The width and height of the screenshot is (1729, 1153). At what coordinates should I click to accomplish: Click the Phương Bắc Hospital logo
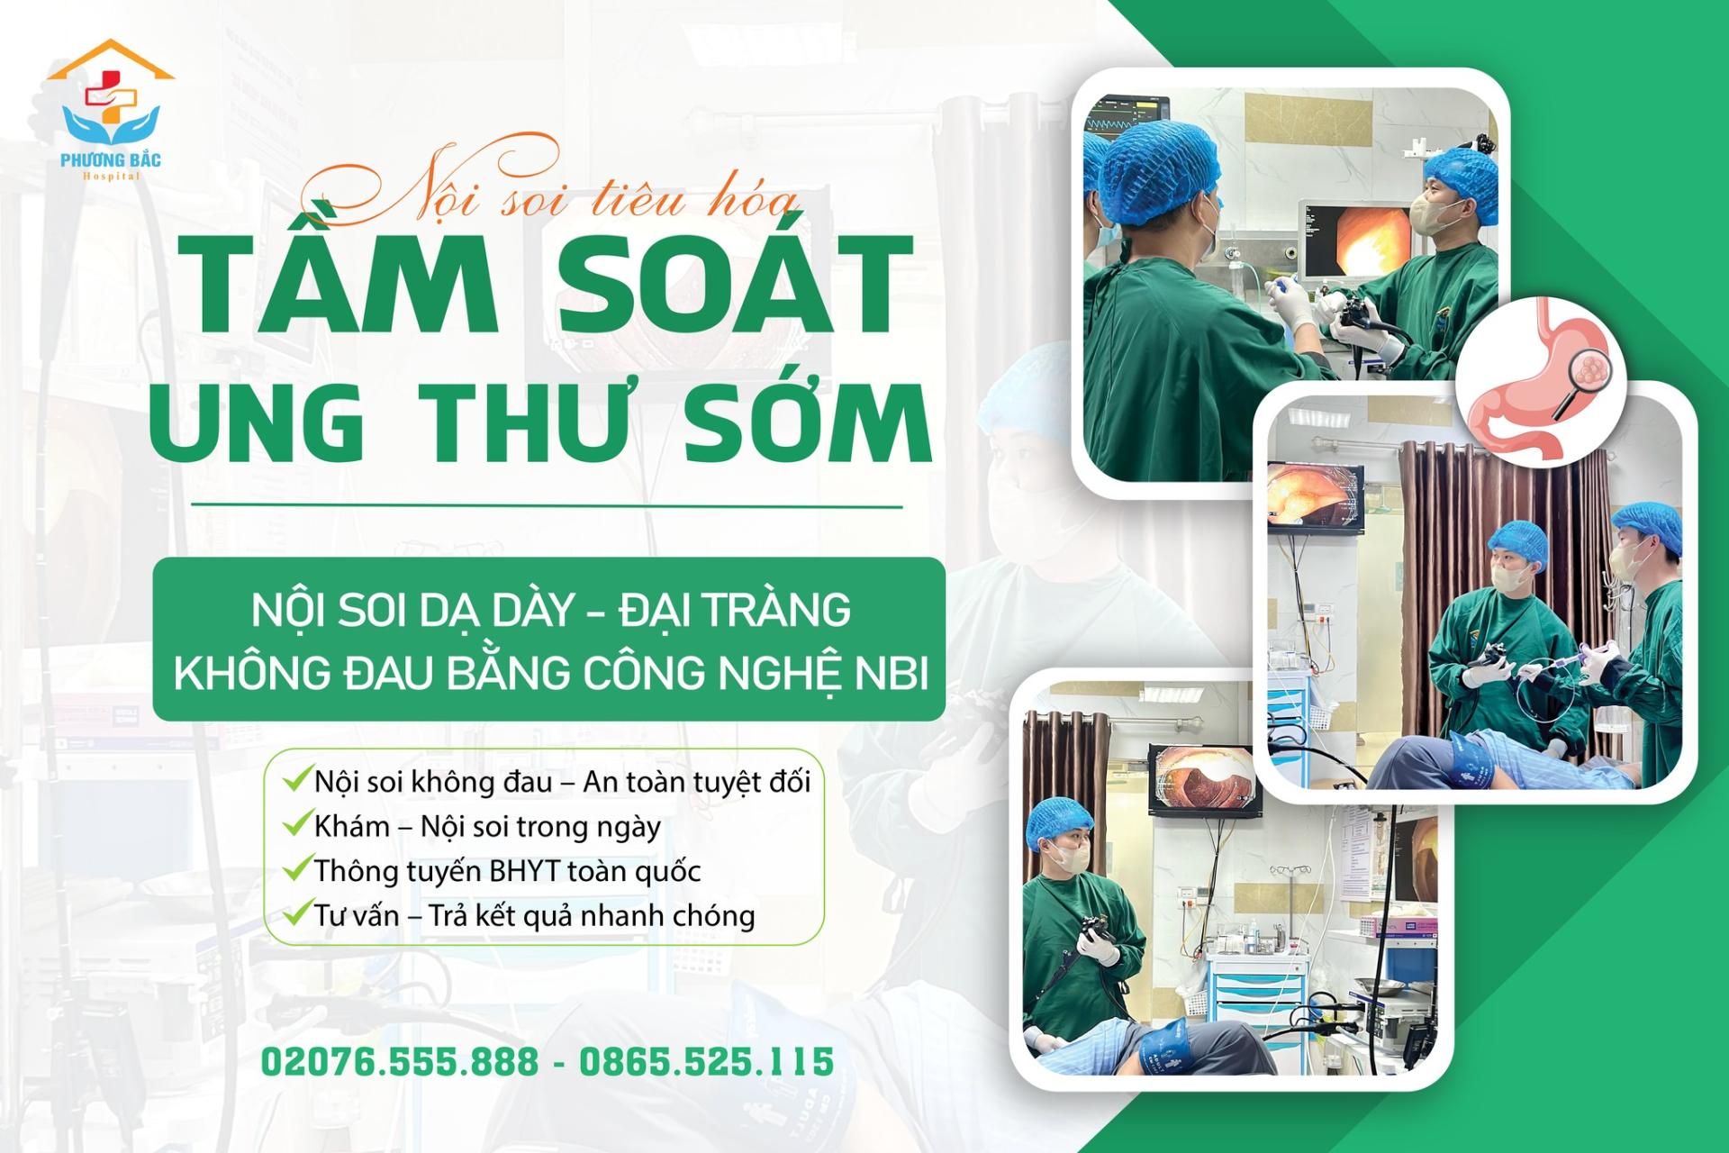pos(111,110)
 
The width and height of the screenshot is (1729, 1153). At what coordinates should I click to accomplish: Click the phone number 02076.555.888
pos(400,1061)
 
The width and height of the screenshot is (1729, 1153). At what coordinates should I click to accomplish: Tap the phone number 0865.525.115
pos(706,1061)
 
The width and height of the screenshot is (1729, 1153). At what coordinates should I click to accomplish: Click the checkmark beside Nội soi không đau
pos(296,779)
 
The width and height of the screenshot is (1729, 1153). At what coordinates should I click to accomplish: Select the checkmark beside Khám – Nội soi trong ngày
pos(296,824)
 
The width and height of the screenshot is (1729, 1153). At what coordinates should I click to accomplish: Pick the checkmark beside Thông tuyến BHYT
pos(296,869)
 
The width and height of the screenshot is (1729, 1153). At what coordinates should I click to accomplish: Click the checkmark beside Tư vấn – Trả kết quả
pos(296,914)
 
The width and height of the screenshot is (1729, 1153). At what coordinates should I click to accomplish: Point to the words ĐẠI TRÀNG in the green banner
pos(735,609)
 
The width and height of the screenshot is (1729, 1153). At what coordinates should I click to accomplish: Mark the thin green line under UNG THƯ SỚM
pos(547,506)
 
